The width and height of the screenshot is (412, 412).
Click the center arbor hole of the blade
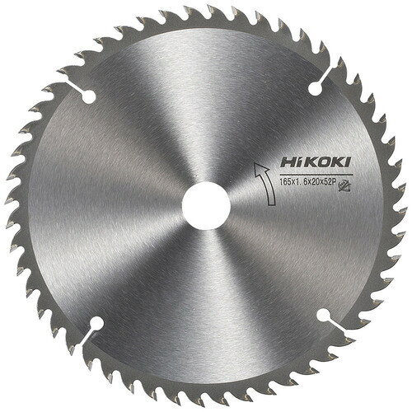(x=206, y=205)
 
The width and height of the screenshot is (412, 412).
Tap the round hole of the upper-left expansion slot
(x=88, y=96)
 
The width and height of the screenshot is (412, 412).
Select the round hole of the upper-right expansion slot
(x=315, y=88)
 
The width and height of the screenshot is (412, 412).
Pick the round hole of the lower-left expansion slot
(x=96, y=323)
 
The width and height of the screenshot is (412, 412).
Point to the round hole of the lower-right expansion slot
(x=323, y=315)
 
